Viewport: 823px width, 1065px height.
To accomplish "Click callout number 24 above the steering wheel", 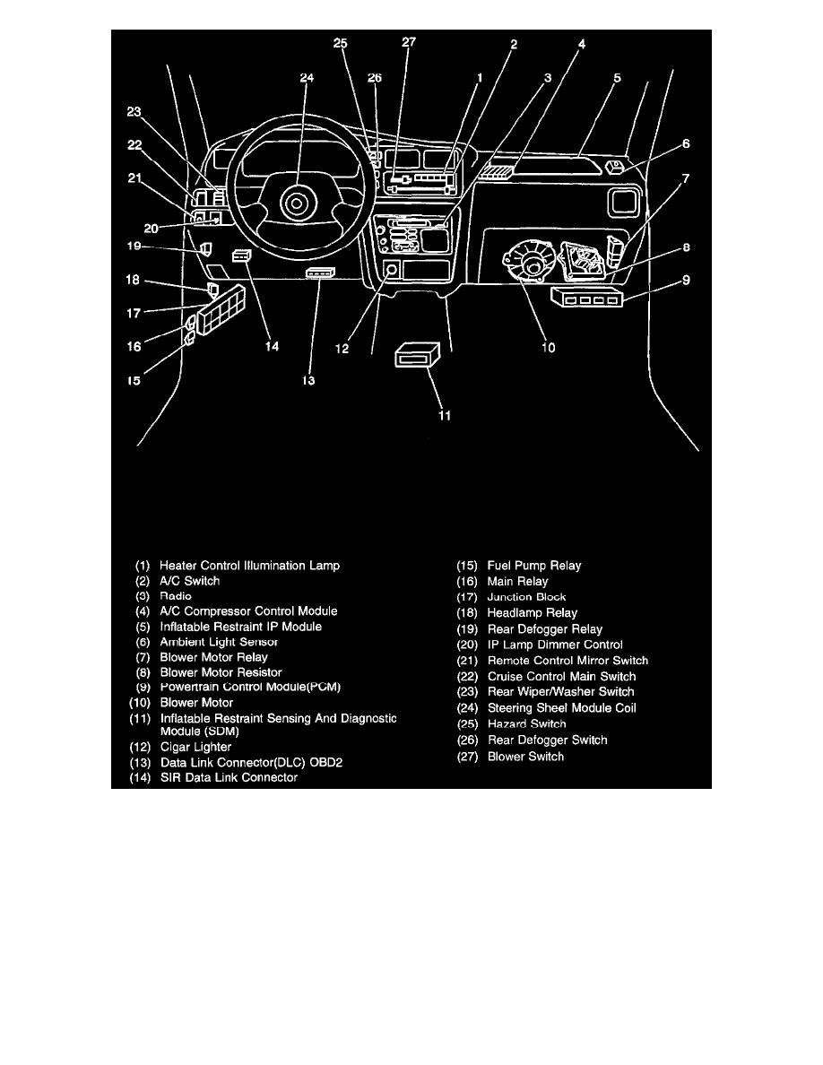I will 307,77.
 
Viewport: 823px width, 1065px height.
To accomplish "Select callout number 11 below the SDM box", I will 444,415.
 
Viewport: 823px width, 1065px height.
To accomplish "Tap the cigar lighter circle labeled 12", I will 392,270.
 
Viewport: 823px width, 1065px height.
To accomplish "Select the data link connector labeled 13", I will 321,272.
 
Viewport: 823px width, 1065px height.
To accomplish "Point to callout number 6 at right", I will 686,143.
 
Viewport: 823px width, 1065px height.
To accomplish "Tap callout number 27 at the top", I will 409,42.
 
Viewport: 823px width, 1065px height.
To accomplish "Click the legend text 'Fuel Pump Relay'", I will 533,566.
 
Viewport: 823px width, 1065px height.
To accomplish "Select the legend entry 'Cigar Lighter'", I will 195,747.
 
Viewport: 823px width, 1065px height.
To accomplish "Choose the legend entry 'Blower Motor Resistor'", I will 221,672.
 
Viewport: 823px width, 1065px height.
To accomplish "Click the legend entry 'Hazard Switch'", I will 526,723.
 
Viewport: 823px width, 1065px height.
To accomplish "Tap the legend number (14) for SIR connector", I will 140,778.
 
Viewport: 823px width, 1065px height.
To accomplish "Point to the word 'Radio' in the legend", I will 175,595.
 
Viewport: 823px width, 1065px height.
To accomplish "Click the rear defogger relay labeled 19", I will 205,248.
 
